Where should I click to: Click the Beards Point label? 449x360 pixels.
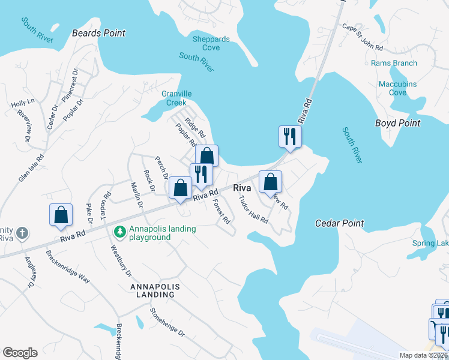(98, 33)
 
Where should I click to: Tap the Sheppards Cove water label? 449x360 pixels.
(211, 43)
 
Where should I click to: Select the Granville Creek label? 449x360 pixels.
(176, 98)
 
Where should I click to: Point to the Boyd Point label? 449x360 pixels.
(397, 123)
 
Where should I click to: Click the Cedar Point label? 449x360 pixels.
(339, 223)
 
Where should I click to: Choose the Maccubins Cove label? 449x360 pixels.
(397, 88)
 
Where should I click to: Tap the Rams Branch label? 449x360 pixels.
(394, 63)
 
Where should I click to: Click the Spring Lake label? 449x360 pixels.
(430, 243)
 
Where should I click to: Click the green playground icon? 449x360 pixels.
(119, 230)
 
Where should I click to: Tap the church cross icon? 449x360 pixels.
(22, 232)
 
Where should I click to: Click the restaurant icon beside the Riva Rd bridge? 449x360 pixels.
(290, 136)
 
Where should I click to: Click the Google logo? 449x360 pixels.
(20, 353)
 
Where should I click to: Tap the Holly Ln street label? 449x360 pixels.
(23, 103)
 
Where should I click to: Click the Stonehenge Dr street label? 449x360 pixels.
(167, 322)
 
